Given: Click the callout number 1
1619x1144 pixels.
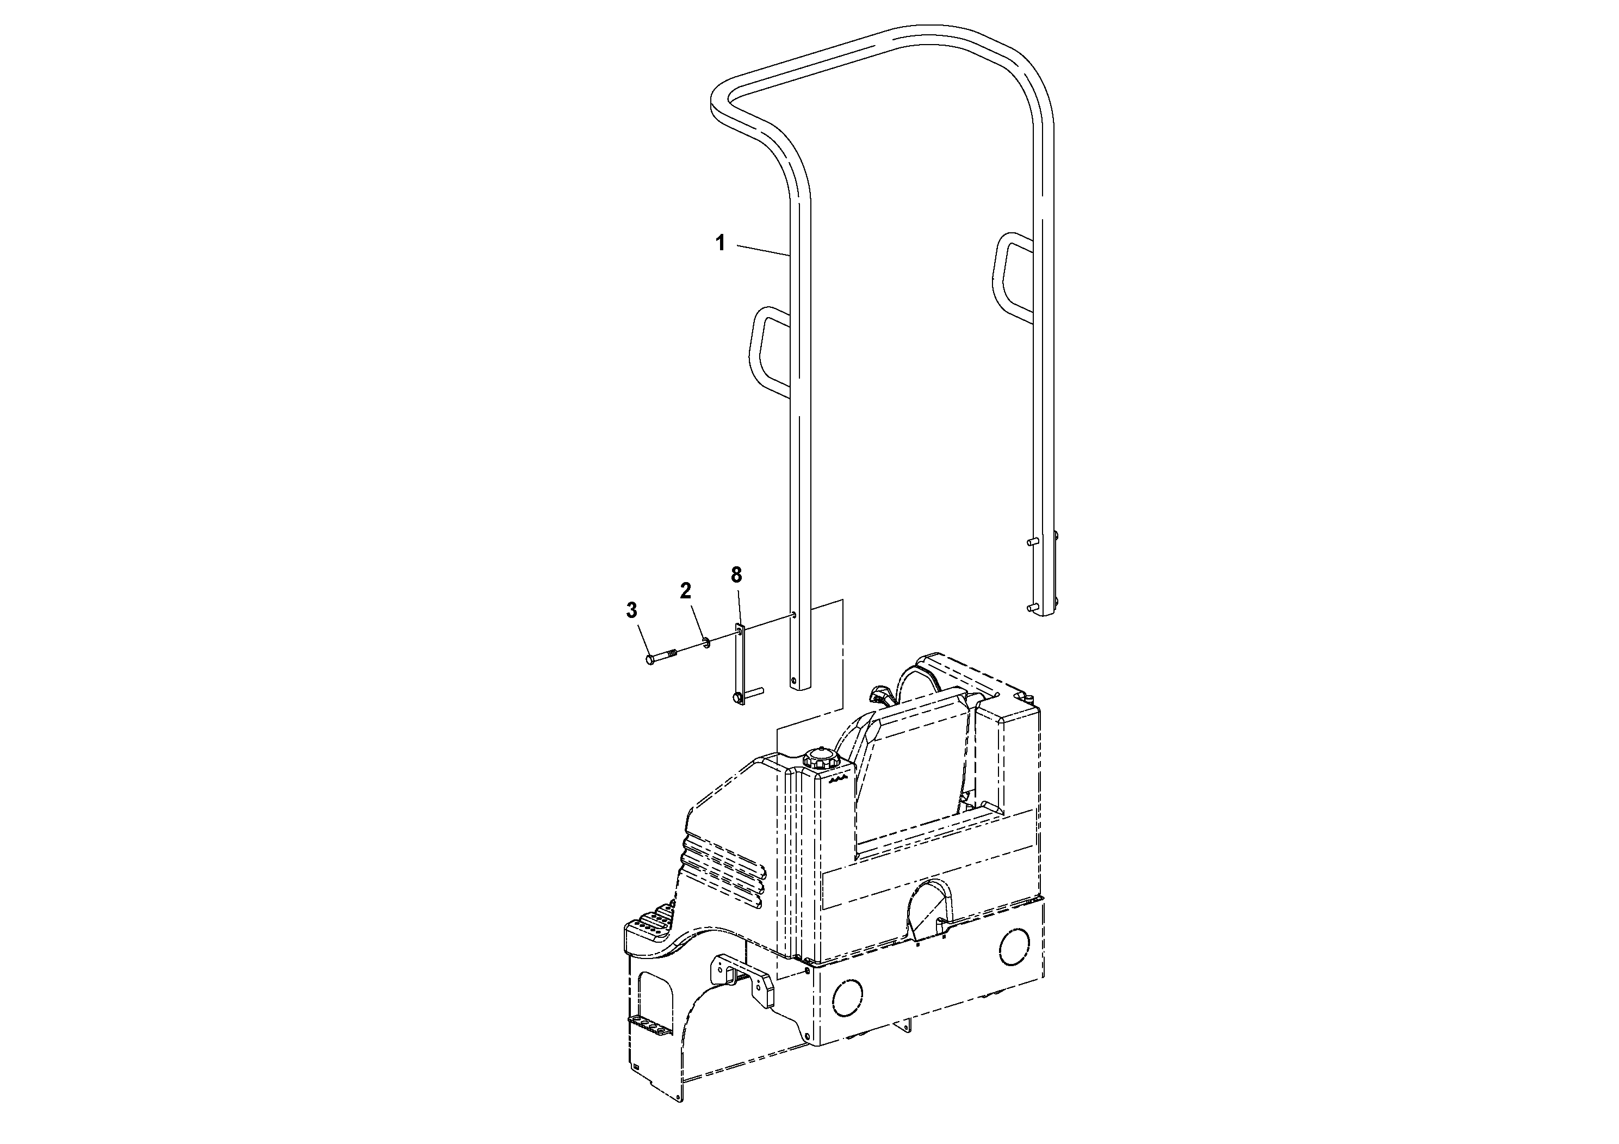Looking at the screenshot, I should tap(720, 243).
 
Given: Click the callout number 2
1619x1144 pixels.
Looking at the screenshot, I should tap(685, 591).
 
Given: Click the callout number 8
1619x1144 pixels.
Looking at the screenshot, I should tap(736, 575).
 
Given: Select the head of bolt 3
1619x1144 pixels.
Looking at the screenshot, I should tap(650, 659).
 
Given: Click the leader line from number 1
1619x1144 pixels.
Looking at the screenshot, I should tap(762, 250).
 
